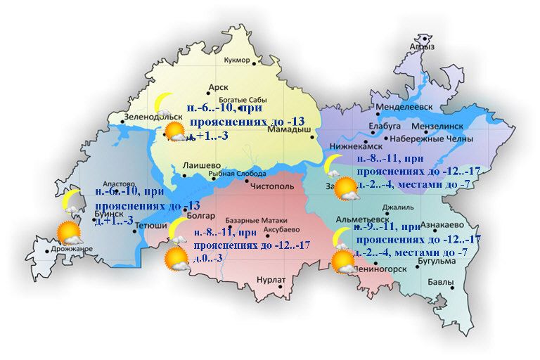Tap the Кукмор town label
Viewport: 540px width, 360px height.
coord(236,60)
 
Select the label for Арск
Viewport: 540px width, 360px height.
coord(219,88)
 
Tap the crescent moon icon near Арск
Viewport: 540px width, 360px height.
coord(165,104)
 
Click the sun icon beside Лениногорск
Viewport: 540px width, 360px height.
coord(344,261)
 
